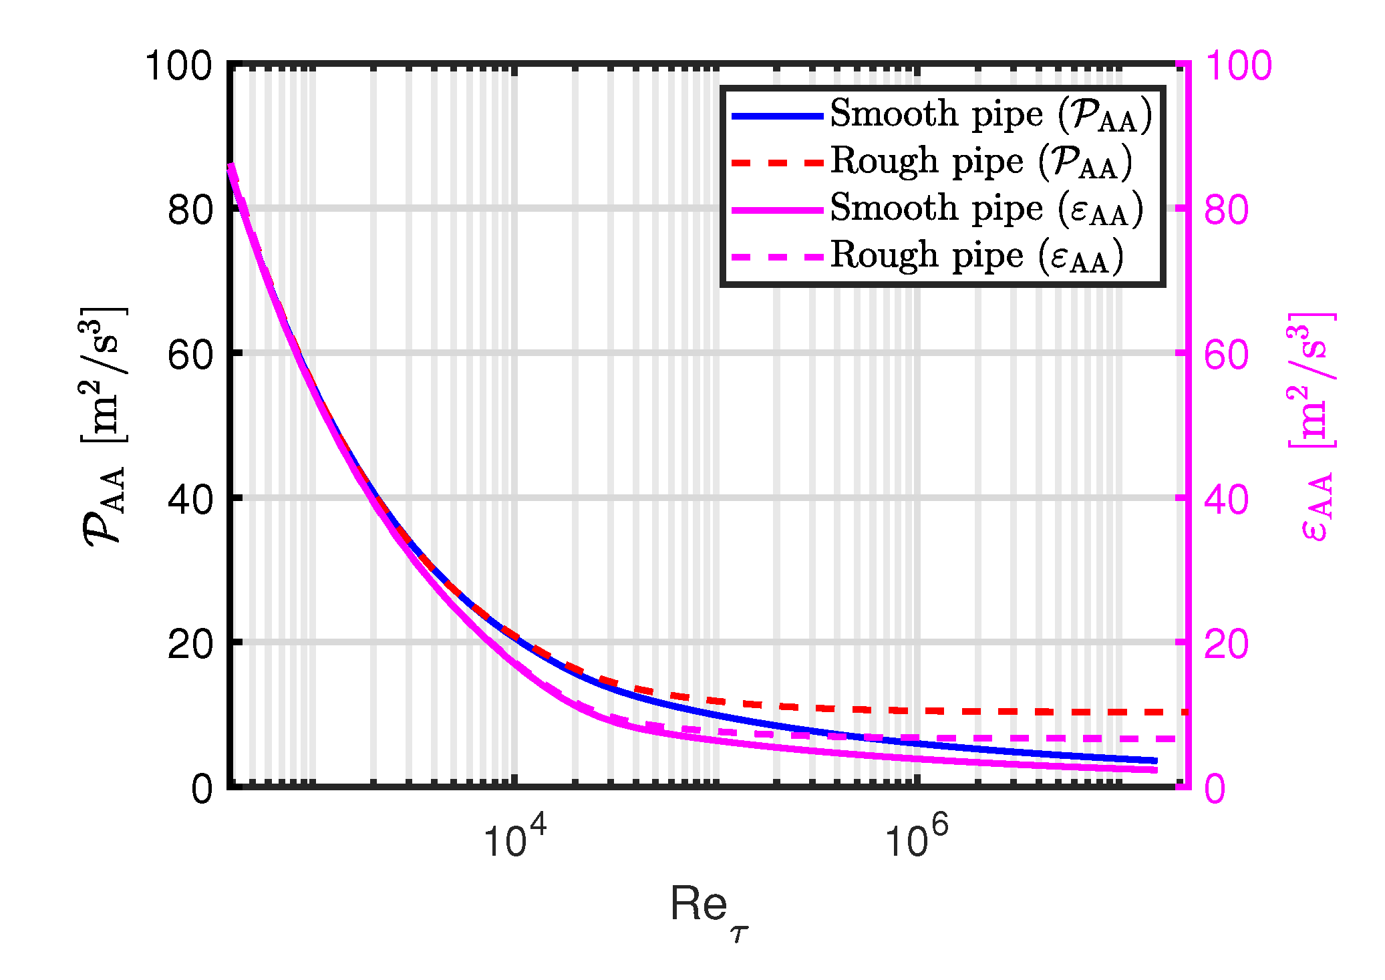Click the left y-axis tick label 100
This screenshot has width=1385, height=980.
pos(178,67)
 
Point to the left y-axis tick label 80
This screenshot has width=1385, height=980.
pos(190,210)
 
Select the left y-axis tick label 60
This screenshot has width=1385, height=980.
pos(190,355)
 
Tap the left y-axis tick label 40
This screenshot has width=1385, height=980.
pos(190,500)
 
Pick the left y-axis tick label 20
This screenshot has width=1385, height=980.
pos(190,645)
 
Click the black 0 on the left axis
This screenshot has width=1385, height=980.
pos(202,789)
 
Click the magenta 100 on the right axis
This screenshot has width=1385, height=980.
pos(1238,67)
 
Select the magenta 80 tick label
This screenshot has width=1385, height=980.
pos(1226,210)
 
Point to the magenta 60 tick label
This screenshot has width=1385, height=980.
pos(1226,355)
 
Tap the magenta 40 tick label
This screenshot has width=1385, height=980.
pos(1226,500)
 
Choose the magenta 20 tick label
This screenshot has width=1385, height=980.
pos(1226,645)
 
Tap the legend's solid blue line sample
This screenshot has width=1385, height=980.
pos(777,116)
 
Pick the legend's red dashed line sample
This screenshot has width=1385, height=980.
pos(777,163)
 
